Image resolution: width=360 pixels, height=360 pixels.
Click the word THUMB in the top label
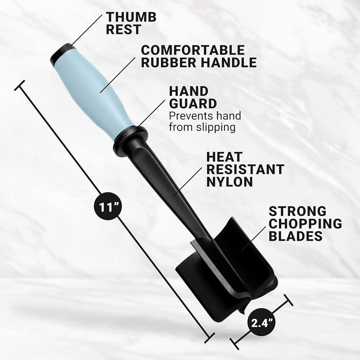[131, 17]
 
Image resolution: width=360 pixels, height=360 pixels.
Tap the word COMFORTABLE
[192, 50]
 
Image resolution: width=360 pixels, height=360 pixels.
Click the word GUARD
[193, 104]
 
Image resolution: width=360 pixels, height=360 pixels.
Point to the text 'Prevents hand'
[205, 116]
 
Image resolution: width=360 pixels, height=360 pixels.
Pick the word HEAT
[225, 157]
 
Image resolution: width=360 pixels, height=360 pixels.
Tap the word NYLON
[230, 181]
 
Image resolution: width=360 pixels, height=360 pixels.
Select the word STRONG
[297, 211]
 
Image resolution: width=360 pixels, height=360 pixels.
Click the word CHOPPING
[305, 224]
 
